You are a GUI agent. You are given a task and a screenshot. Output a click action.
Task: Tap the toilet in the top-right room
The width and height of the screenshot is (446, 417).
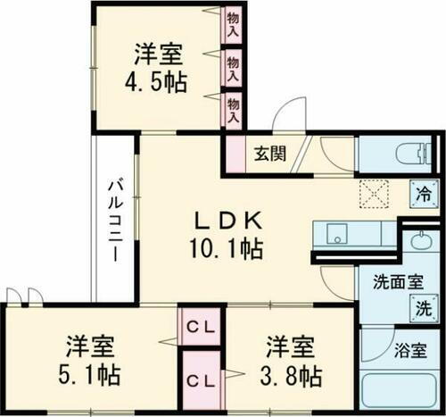pyautogui.click(x=409, y=153)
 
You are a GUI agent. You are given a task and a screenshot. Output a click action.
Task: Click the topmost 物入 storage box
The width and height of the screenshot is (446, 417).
pyautogui.click(x=233, y=24)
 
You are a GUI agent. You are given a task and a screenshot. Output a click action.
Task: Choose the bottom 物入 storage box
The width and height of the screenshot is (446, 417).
pyautogui.click(x=233, y=112)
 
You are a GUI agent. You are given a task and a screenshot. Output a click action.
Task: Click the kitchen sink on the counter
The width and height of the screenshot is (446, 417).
pyautogui.click(x=337, y=234)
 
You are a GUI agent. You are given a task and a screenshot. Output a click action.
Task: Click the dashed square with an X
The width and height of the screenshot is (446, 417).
pyautogui.click(x=371, y=193)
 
